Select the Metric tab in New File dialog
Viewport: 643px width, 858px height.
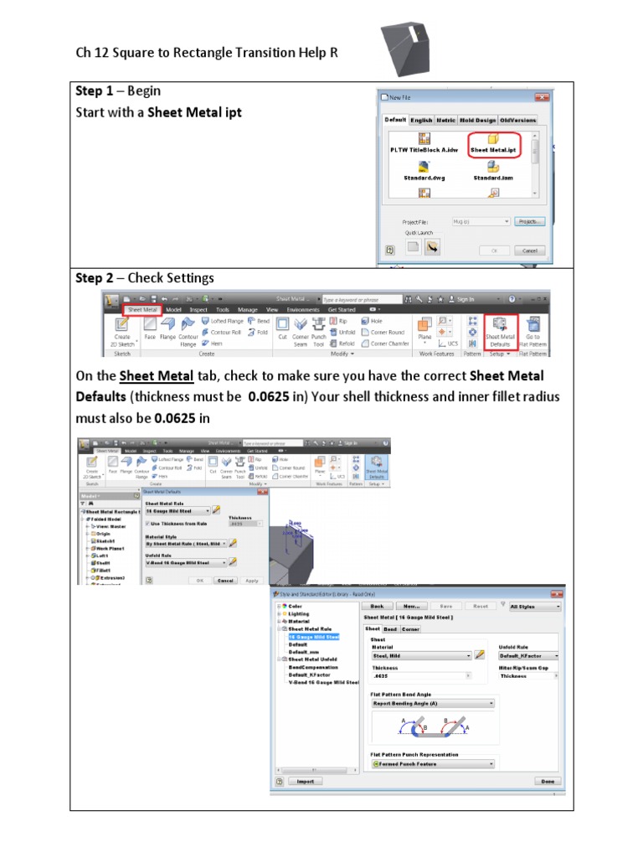(x=445, y=120)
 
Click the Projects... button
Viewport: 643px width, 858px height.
(x=530, y=221)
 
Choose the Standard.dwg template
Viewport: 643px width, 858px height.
(x=424, y=167)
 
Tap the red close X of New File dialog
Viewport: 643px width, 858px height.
(x=543, y=97)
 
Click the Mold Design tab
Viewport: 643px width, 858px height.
(x=477, y=120)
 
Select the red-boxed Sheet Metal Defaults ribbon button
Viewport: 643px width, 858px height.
(x=501, y=330)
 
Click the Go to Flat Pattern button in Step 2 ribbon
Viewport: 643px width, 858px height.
(x=532, y=330)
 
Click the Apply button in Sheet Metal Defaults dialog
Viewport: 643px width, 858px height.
(x=251, y=580)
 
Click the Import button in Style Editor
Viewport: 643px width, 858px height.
(x=304, y=781)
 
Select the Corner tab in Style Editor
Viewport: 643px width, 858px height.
(x=410, y=628)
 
